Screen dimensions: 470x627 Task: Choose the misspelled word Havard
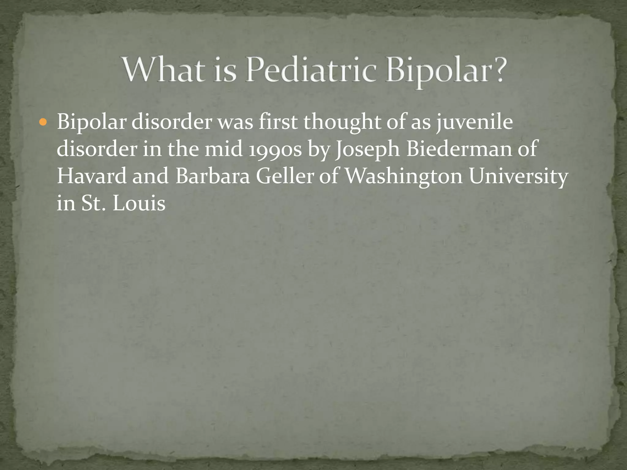[x=92, y=177]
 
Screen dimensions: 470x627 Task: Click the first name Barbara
[x=212, y=177]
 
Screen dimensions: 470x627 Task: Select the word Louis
[x=139, y=203]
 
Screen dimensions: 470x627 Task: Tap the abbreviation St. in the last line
[x=93, y=203]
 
